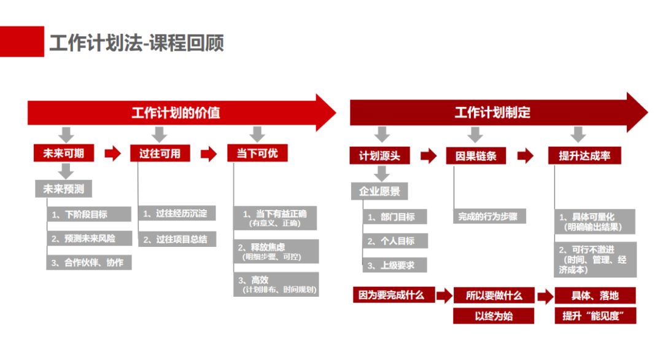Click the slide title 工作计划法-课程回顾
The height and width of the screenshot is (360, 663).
click(136, 42)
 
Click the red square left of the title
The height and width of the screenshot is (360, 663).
click(22, 41)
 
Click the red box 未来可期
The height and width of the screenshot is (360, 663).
click(64, 153)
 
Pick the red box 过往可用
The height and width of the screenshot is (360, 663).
click(160, 153)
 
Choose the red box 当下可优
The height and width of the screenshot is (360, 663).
click(257, 153)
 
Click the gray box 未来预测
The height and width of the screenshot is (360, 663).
click(63, 189)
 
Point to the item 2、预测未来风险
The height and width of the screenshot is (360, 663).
click(89, 238)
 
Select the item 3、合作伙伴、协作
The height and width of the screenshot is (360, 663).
click(89, 262)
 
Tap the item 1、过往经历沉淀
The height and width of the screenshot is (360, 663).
click(177, 214)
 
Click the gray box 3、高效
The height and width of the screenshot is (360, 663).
click(276, 284)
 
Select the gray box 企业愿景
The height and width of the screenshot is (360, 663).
click(379, 191)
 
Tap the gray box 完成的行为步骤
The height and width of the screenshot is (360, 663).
click(490, 216)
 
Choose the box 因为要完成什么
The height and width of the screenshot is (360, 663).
click(392, 295)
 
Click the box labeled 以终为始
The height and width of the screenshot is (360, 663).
click(494, 316)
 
